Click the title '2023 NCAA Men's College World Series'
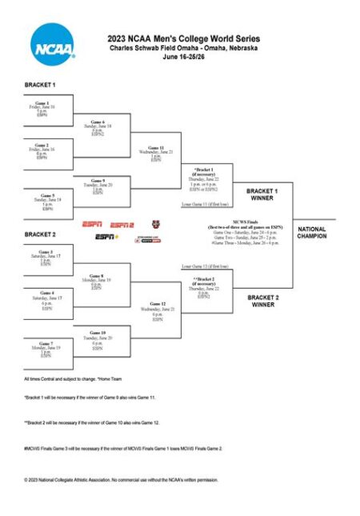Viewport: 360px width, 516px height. pyautogui.click(x=183, y=39)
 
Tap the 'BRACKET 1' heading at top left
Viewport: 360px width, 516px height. pyautogui.click(x=40, y=84)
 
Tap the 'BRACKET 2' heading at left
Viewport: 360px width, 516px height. pyautogui.click(x=40, y=234)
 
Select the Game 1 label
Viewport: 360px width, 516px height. pyautogui.click(x=42, y=102)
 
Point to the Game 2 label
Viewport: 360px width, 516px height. pyautogui.click(x=42, y=144)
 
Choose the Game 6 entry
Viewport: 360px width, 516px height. pyautogui.click(x=97, y=122)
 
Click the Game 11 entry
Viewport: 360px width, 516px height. pyautogui.click(x=156, y=148)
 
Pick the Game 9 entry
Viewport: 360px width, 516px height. pyautogui.click(x=98, y=181)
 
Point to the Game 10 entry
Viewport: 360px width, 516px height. pyautogui.click(x=98, y=333)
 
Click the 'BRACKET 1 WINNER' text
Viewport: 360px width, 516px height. pyautogui.click(x=262, y=195)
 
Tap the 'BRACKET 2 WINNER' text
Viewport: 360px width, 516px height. pyautogui.click(x=262, y=301)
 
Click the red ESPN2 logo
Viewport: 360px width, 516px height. pyautogui.click(x=122, y=225)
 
